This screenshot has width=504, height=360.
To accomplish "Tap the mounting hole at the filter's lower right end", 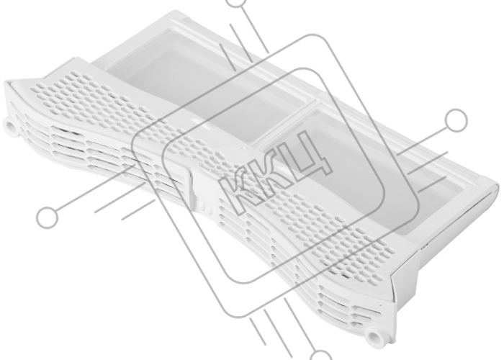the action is click(x=374, y=338).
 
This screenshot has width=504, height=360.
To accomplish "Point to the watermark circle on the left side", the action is click(x=48, y=217).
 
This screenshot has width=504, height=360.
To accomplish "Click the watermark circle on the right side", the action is click(x=456, y=120).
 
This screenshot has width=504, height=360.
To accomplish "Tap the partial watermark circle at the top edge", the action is click(x=237, y=3).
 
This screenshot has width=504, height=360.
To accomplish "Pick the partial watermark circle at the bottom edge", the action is click(x=320, y=355).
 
